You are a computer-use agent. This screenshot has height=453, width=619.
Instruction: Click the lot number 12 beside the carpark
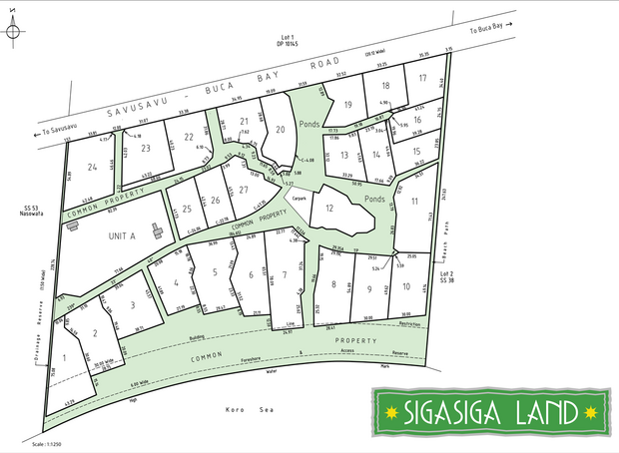point(328,208)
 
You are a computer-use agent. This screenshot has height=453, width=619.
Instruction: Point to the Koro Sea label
point(244,409)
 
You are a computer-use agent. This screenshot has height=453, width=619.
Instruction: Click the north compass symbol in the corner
point(14,31)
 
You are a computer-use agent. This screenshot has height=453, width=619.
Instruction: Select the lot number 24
point(92,167)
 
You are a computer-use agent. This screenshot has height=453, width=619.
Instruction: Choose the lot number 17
point(423,78)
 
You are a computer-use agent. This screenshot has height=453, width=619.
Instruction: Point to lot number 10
point(406,287)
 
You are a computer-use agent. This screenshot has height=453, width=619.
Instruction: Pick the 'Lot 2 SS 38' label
point(446,278)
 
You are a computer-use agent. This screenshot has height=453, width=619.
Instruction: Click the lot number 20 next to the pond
point(281,130)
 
